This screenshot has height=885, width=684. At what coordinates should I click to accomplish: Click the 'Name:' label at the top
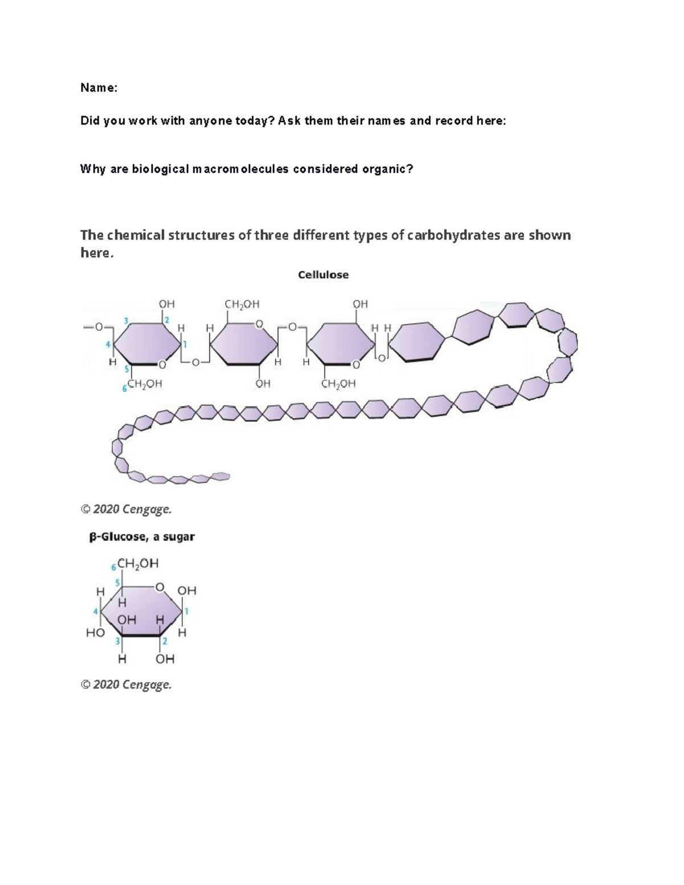click(99, 88)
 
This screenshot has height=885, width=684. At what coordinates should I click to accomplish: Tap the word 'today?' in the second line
click(255, 121)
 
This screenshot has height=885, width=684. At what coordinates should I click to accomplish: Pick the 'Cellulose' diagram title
click(323, 275)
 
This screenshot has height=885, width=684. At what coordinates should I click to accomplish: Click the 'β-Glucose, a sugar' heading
click(142, 537)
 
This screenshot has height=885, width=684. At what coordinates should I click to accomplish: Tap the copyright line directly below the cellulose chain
click(126, 509)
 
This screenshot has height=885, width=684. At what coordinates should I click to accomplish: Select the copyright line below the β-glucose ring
click(126, 684)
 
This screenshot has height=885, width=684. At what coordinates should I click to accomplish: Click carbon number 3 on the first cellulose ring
click(125, 319)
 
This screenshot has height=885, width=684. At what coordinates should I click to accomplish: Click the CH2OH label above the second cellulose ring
click(242, 304)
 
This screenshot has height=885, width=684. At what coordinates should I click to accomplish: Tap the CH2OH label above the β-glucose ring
click(137, 564)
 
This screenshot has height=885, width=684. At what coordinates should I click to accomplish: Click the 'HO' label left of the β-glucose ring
click(95, 633)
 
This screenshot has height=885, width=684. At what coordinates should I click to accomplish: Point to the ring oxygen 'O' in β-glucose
click(160, 587)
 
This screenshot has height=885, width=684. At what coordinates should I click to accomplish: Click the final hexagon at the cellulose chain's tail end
click(221, 476)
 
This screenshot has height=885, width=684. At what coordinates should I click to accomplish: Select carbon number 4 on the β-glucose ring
click(96, 611)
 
